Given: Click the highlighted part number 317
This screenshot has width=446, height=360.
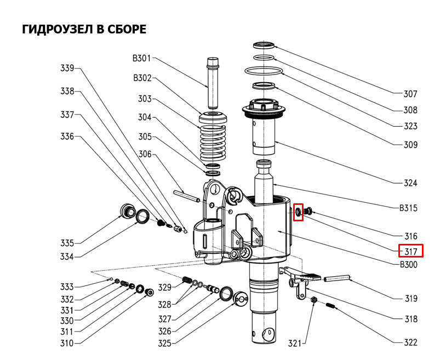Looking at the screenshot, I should coord(411,252).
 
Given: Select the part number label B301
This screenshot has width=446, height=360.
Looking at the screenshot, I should coord(141,58).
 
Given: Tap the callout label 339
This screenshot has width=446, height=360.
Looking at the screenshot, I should coord(67,68).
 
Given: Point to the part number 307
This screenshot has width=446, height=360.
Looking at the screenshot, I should coord(410,94).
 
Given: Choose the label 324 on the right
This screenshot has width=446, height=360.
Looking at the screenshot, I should coord(410,183).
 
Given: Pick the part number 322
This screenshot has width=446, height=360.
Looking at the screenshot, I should coord(410,342).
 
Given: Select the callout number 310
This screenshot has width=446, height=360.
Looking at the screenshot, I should coord(67,344).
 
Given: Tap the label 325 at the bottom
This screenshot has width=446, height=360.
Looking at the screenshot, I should coord(164,344).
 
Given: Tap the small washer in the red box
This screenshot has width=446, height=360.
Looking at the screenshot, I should coord(299,212).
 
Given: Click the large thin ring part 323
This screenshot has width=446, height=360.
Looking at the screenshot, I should coord(264,71).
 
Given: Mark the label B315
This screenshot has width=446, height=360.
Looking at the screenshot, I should coord(408,208).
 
